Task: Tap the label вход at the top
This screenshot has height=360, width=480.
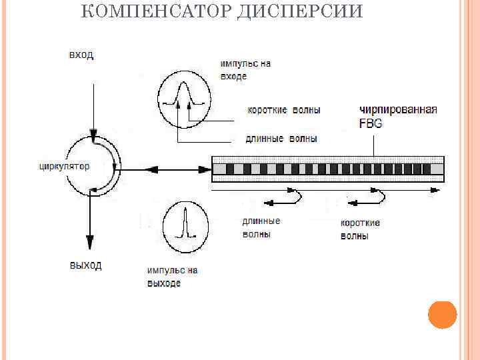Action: coord(81,54)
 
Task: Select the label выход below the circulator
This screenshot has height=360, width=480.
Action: coord(85,265)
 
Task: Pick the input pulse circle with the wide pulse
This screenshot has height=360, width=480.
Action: coord(183,99)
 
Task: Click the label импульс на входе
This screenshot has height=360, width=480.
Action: coord(245,70)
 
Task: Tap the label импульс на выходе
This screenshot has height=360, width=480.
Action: coord(172,277)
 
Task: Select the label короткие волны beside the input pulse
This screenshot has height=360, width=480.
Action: coord(283,109)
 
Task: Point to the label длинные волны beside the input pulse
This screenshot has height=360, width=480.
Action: coord(281,139)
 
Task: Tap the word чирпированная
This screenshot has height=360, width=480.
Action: coord(398,109)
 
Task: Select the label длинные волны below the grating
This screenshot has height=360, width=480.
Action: coord(261,227)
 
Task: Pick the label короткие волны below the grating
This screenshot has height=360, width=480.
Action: coord(360,229)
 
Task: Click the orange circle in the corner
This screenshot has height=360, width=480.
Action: coord(442,315)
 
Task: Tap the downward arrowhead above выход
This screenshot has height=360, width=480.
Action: coord(88,243)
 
